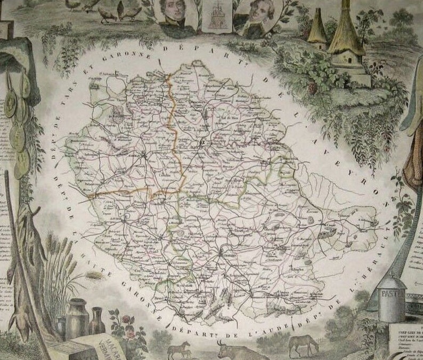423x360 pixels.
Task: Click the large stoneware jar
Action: [x=77, y=318]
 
